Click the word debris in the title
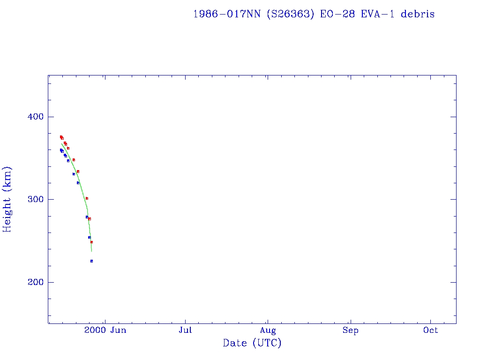(x=418, y=14)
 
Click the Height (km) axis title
(x=7, y=199)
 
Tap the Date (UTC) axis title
(x=252, y=343)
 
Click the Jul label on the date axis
(x=186, y=330)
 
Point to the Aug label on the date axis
(x=268, y=330)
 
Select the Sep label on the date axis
(x=350, y=330)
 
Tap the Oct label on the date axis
(x=430, y=330)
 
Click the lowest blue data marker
(x=91, y=261)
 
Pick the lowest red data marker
(x=91, y=242)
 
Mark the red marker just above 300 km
(x=87, y=198)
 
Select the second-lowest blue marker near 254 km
(x=89, y=237)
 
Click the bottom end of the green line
(x=91, y=252)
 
